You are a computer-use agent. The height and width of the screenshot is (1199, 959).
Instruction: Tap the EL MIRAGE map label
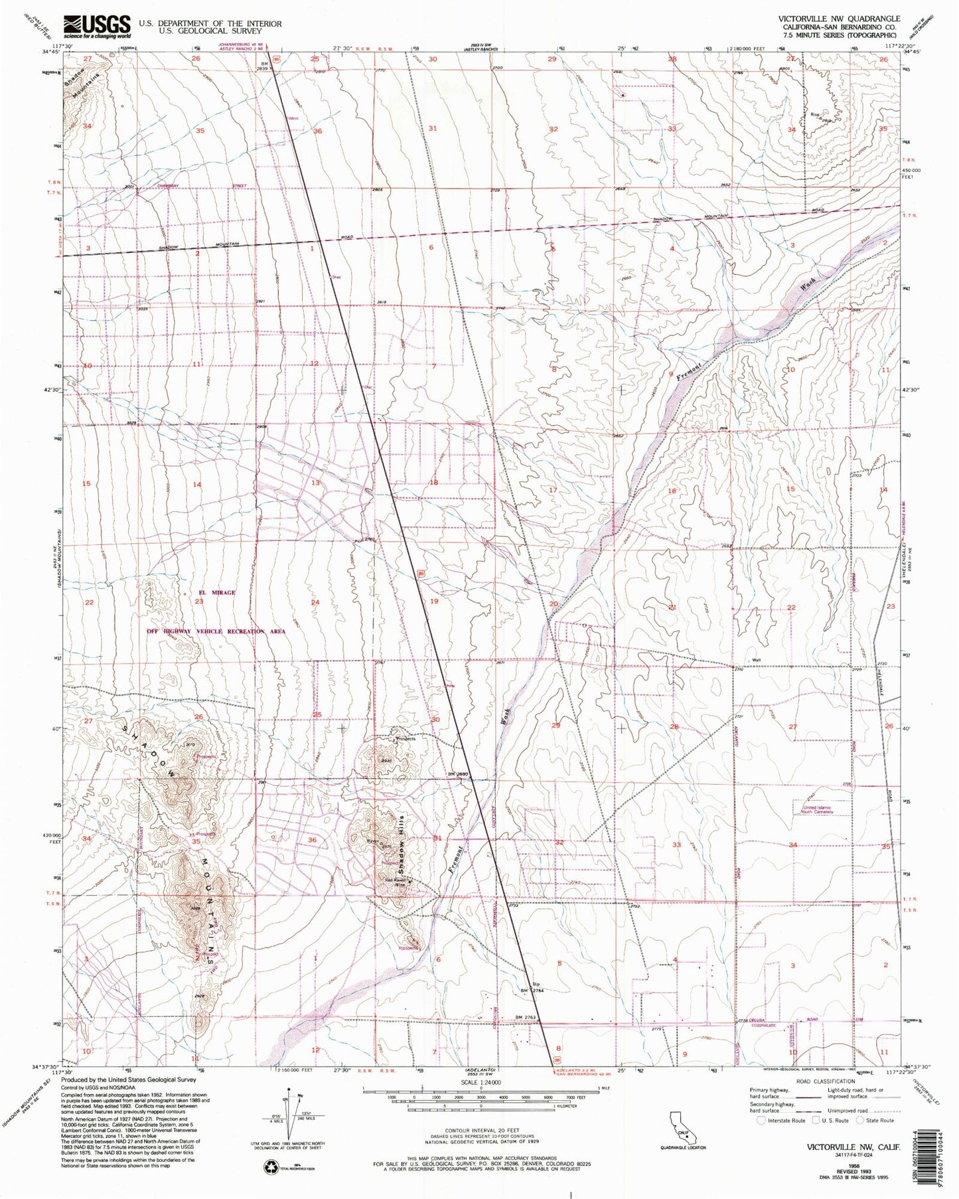click(212, 592)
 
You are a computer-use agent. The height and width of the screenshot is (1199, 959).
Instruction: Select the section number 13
click(316, 483)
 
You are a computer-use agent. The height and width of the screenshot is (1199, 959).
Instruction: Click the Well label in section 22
click(756, 660)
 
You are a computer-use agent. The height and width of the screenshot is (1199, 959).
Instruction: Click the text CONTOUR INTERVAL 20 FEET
click(480, 1140)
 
